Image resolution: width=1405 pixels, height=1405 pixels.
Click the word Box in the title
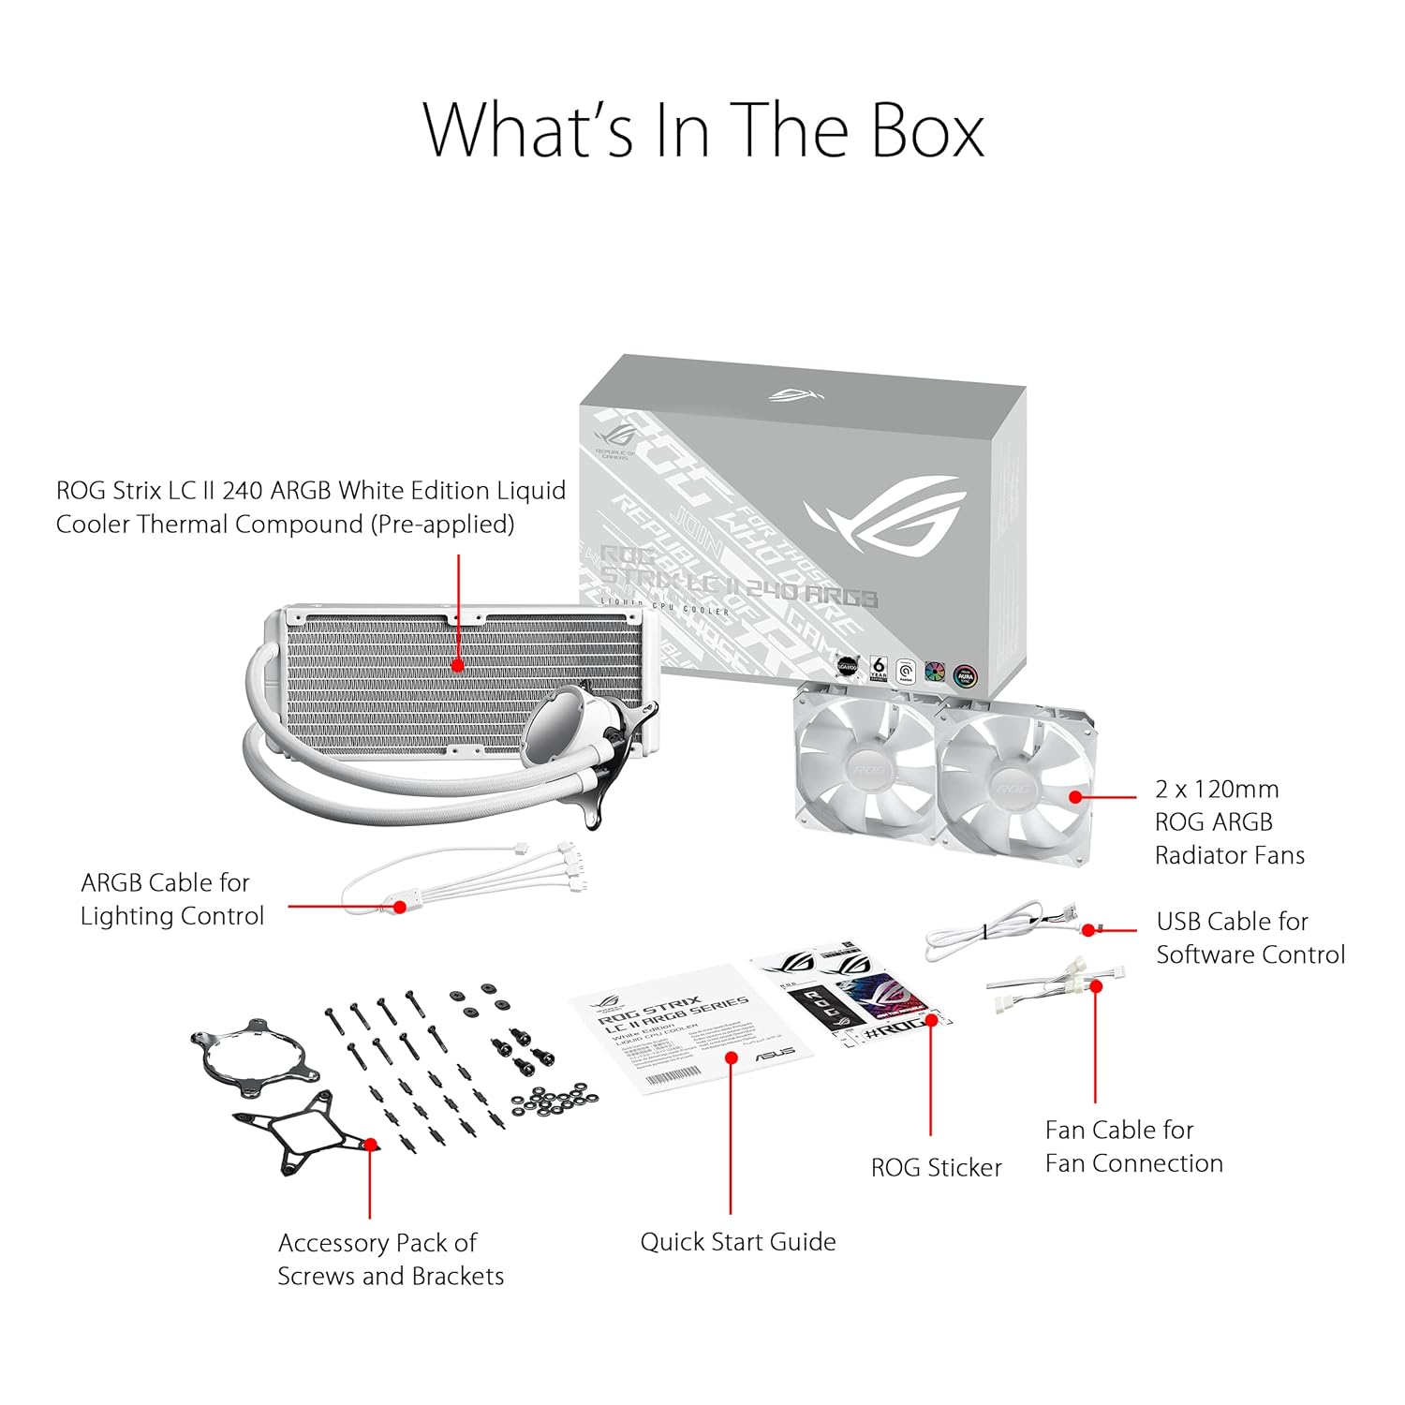(927, 131)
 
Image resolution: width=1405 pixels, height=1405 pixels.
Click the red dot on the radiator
(458, 666)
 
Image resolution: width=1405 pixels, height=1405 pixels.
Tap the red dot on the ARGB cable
(400, 907)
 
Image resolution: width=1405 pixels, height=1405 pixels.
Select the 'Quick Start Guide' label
(738, 1242)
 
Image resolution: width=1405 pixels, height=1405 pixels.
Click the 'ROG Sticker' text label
(936, 1168)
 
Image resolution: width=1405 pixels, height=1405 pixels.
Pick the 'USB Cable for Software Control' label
(1250, 938)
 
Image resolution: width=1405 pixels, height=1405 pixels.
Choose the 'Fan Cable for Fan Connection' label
(1133, 1146)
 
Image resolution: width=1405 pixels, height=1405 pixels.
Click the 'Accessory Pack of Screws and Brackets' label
(391, 1259)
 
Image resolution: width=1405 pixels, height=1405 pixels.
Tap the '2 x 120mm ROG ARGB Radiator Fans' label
(1229, 822)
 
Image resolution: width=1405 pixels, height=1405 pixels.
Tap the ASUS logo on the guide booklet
(775, 1053)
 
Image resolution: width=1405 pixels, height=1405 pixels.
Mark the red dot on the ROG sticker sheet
(933, 1018)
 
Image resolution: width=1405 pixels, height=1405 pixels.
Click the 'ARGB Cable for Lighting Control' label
(172, 899)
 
